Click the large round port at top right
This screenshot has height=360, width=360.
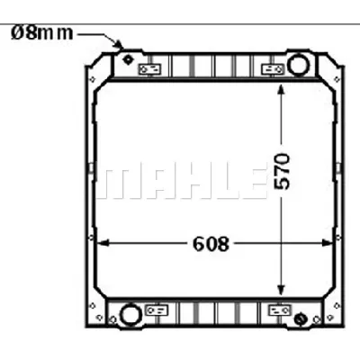(x=297, y=64)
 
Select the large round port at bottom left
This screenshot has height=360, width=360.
(x=130, y=314)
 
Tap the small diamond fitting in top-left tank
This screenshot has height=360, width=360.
(x=128, y=59)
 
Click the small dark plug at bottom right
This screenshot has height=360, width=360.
(x=300, y=317)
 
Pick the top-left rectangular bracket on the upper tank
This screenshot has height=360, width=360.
(x=152, y=68)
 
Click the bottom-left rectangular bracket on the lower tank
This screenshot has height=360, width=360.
(x=157, y=310)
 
